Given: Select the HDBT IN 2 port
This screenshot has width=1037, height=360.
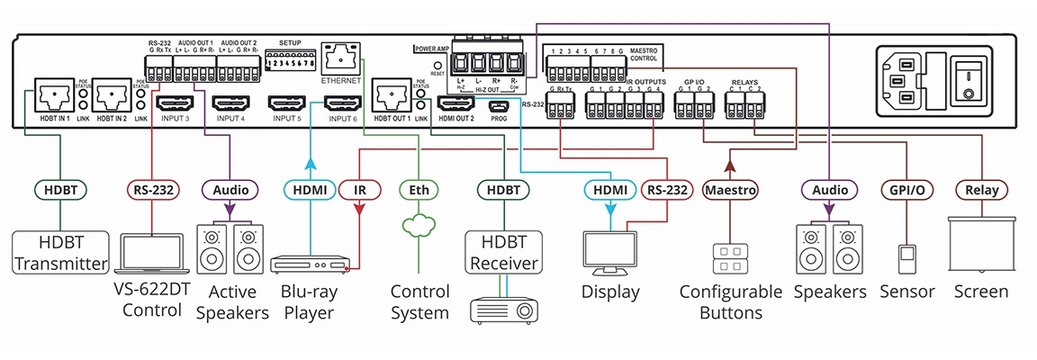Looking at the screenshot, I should [115, 93].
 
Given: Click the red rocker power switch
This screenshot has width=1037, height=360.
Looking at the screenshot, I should [968, 76].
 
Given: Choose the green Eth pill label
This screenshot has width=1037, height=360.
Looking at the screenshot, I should [419, 190].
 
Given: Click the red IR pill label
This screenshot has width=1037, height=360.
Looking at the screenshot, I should [359, 190].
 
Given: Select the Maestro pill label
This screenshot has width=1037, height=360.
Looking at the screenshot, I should [729, 190].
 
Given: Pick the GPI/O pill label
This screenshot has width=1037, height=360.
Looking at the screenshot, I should [906, 190].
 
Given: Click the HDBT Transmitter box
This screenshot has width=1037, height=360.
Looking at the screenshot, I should [60, 252].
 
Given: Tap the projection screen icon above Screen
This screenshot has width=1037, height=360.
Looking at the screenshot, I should [980, 244].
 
